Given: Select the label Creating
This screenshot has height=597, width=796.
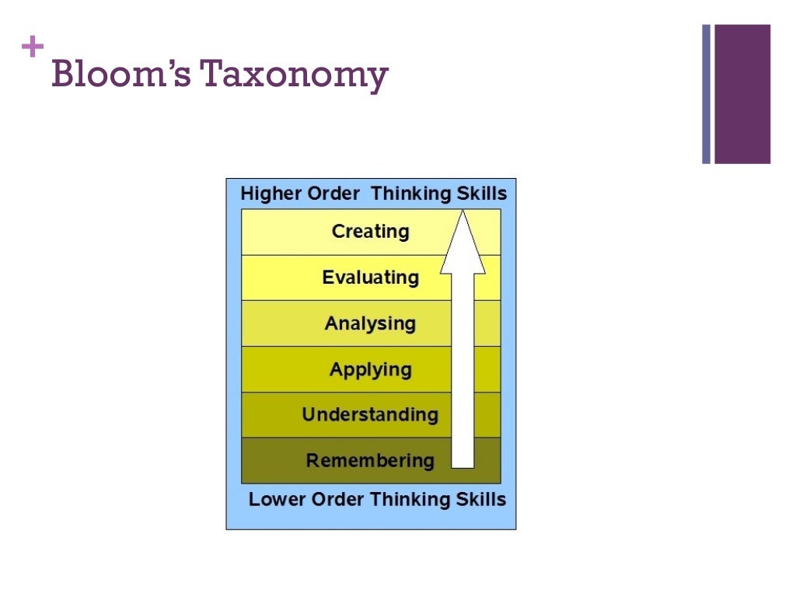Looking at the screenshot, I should (x=370, y=232).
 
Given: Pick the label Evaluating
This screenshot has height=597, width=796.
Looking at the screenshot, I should (x=370, y=278).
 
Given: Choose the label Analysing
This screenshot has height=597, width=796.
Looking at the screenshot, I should (x=370, y=323).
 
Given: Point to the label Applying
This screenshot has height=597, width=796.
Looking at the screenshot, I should (x=370, y=369).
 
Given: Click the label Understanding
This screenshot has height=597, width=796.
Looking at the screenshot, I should (x=370, y=414).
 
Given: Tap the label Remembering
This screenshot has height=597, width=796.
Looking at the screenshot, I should (x=370, y=460).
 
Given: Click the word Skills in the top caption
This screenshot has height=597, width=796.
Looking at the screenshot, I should (x=482, y=194).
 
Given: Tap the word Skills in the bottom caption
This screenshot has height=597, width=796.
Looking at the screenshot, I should (x=481, y=499).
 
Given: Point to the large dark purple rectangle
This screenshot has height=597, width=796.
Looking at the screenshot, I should (x=742, y=94).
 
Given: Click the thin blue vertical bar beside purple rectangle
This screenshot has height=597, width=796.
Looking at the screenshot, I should (x=707, y=94).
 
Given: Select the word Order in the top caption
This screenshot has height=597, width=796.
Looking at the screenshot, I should (x=333, y=194).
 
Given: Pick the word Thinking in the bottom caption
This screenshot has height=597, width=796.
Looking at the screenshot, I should (x=410, y=499).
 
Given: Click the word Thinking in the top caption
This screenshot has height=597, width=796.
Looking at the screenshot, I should (x=411, y=194).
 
